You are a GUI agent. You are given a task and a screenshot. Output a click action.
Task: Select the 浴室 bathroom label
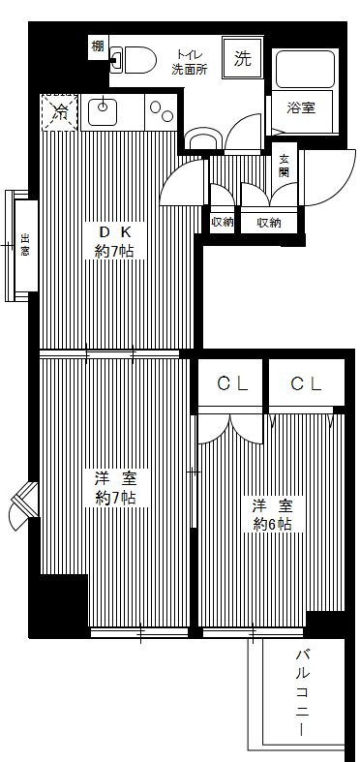coord(301,109)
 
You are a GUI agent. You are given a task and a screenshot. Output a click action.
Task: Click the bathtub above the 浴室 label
coord(305,69)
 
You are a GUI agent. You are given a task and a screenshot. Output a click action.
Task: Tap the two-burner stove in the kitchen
coord(161,109)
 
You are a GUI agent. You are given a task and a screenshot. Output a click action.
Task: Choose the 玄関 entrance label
coord(285,166)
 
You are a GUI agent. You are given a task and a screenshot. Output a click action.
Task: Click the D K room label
coord(114,231)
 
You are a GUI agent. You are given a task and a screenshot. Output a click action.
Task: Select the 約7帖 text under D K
coord(114,252)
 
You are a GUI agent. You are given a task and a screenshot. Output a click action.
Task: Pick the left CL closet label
coord(232,384)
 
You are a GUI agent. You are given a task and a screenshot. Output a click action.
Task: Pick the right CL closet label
coord(306,384)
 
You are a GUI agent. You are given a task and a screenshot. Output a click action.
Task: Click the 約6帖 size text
coord(272,524)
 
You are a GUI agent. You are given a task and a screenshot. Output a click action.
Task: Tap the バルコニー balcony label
coord(303,693)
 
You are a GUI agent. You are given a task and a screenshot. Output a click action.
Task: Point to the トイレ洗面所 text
coord(189,63)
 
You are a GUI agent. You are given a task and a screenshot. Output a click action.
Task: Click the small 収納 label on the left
coord(222,223)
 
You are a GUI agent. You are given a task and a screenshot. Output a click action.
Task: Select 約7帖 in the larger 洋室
coord(115,499)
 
